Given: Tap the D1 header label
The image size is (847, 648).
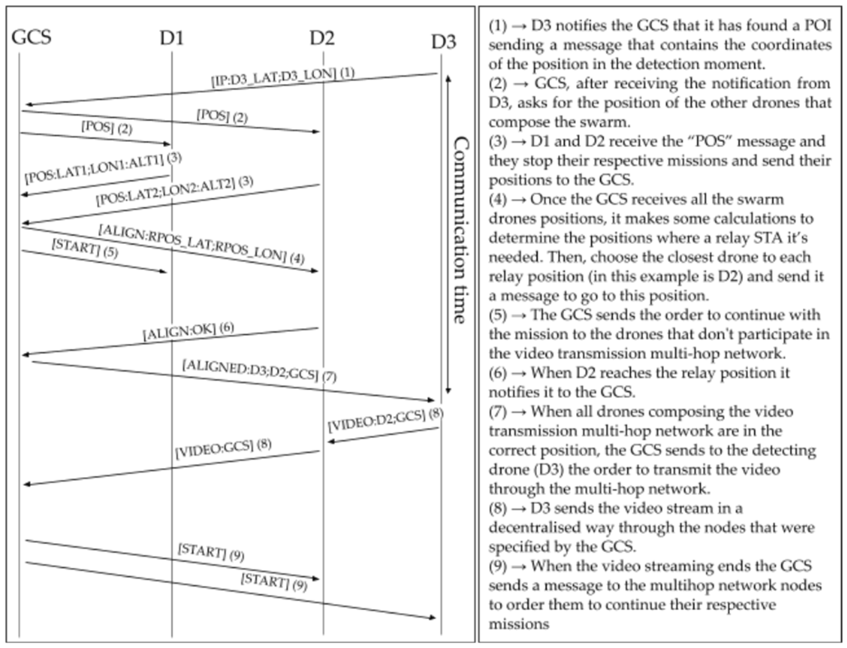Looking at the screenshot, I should point(172,38).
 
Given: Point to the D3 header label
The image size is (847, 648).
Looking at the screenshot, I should point(443,42).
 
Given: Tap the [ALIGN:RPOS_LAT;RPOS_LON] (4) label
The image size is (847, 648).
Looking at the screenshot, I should point(201,244).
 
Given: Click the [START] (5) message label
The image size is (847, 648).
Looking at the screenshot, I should point(85,248).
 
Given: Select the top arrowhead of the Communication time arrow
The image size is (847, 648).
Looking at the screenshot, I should point(448,78).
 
